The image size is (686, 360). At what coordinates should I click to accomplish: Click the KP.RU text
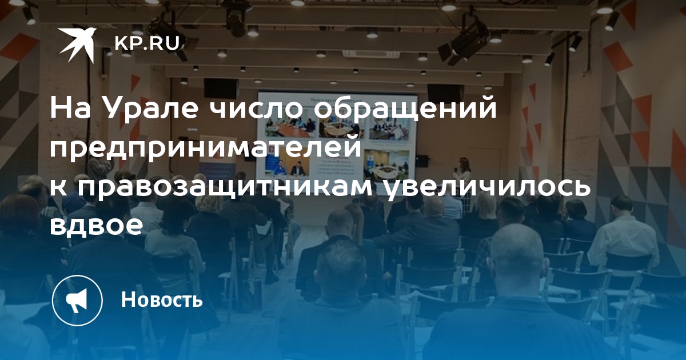point(147,43)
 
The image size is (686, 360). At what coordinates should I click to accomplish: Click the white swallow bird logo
point(78,45)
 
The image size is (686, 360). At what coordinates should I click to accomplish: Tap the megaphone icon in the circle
point(78,300)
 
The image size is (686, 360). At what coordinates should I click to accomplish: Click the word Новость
point(162,299)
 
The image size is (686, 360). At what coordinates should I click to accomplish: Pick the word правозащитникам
point(225,187)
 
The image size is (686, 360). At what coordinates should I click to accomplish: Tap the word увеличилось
point(486,187)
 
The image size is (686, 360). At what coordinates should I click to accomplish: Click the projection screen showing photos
point(336,135)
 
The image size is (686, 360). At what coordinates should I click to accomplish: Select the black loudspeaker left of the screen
point(221,88)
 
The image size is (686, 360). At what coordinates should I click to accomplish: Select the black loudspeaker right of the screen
point(444,94)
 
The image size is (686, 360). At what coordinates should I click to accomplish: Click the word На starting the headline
point(71,109)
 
